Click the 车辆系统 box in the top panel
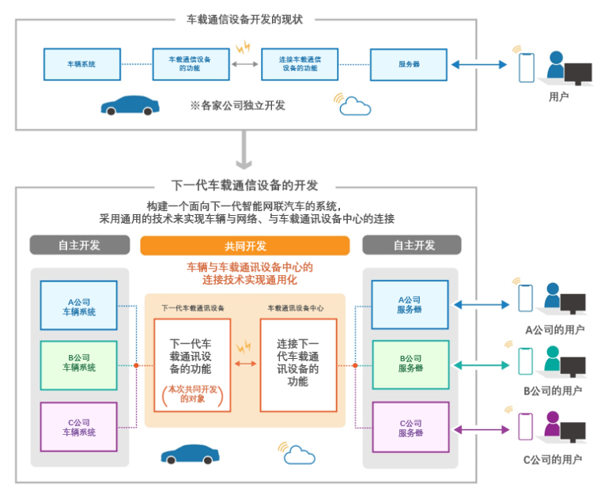(x=82, y=64)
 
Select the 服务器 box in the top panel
(x=408, y=64)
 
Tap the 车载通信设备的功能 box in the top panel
(x=190, y=64)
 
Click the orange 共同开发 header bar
(x=244, y=246)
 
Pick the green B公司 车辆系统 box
(x=78, y=365)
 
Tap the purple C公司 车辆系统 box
(x=78, y=427)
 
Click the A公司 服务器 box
(x=410, y=305)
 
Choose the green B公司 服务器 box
(x=410, y=364)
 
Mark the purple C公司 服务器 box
(x=410, y=427)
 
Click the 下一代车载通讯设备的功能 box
(x=192, y=364)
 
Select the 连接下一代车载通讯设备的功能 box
(x=298, y=364)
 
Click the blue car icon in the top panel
(x=130, y=105)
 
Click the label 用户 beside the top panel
(x=558, y=96)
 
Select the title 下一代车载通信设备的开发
(x=244, y=186)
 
